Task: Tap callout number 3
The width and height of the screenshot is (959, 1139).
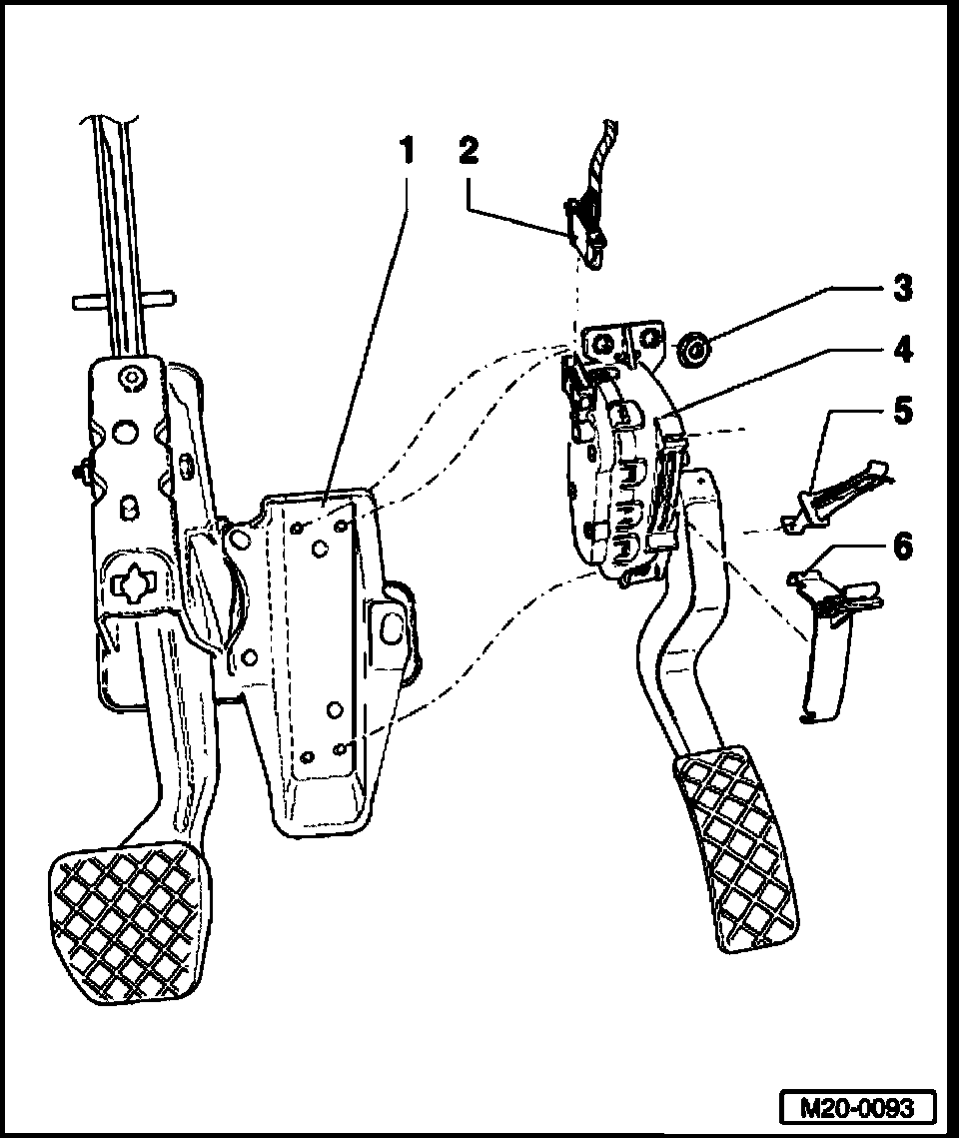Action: [x=902, y=290]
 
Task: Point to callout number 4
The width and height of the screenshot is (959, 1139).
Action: [x=902, y=351]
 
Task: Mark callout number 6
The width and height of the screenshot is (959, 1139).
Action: [x=902, y=548]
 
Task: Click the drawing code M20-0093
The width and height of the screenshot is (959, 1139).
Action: [x=858, y=1108]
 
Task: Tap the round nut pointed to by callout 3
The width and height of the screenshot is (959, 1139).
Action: [x=692, y=351]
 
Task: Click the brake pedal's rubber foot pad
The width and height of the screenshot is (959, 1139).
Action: [x=130, y=924]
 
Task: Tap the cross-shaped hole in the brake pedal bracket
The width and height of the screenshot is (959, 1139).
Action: [x=133, y=584]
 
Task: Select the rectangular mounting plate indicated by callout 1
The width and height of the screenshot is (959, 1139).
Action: [x=325, y=639]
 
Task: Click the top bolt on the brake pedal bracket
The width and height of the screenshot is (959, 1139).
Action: [x=131, y=377]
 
